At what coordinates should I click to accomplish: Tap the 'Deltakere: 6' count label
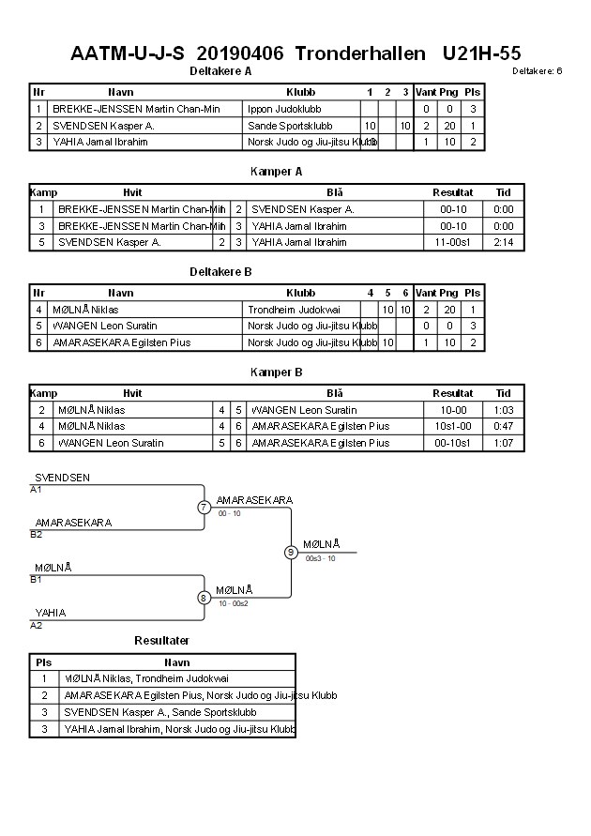tap(537, 71)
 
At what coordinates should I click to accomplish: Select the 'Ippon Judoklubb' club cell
tap(281, 109)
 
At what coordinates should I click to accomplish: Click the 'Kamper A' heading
tap(276, 172)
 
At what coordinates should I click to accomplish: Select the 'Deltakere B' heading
tap(220, 272)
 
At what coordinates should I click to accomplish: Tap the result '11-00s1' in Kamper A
tap(453, 242)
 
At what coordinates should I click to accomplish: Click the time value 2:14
tap(503, 242)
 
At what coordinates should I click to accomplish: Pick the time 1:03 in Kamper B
tap(503, 410)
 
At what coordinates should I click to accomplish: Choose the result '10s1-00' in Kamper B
tap(453, 426)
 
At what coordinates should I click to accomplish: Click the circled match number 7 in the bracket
tap(204, 508)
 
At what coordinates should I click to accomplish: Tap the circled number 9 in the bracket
tap(291, 552)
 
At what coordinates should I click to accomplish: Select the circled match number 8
tap(204, 597)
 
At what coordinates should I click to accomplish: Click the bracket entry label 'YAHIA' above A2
tap(51, 614)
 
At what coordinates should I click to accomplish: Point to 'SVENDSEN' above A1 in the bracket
tap(62, 478)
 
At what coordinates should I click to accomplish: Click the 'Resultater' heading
tap(161, 641)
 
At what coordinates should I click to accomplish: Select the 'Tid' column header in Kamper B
tap(503, 393)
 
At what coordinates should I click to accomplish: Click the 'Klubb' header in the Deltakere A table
tap(300, 93)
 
